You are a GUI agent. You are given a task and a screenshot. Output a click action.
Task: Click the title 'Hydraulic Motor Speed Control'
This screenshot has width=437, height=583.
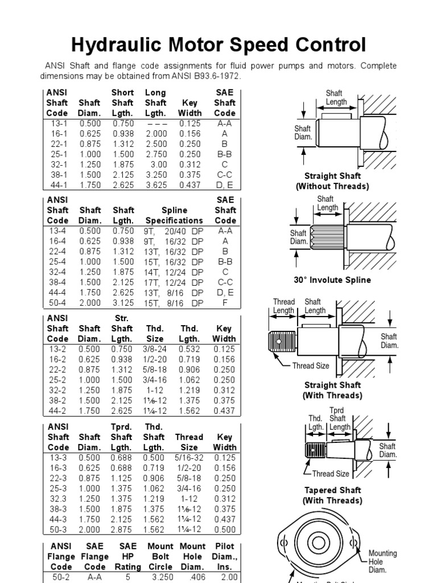218,44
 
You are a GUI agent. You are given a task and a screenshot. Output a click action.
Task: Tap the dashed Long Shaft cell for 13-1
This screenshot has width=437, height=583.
155,124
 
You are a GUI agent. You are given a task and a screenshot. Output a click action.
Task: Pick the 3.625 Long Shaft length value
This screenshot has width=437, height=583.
155,185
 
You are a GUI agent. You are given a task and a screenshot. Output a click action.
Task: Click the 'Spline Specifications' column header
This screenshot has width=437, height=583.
174,215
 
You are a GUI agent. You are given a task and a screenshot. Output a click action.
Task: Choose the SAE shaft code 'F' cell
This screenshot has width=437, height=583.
225,303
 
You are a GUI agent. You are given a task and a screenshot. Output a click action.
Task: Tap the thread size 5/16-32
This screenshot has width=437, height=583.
189,458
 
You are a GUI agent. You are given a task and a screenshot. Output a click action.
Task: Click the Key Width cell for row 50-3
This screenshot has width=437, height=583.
225,529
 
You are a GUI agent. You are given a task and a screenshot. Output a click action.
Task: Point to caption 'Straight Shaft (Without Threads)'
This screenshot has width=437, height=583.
332,181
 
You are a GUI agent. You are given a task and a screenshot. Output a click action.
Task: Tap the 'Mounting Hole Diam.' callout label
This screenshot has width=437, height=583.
383,561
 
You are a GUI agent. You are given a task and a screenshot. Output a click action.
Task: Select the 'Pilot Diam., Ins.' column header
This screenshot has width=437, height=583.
225,556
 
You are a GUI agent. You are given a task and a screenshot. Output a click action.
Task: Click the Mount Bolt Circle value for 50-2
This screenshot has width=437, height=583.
160,577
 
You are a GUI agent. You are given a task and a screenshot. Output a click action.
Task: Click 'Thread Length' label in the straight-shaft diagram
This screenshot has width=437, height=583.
283,306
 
